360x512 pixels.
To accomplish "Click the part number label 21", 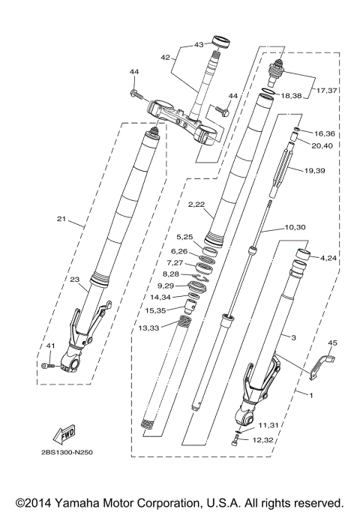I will [x=61, y=220].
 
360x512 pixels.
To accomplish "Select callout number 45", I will [x=332, y=343].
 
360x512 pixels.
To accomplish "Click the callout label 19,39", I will [x=315, y=170].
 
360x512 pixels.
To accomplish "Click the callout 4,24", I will [x=328, y=259].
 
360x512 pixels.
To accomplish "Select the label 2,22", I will [x=196, y=204].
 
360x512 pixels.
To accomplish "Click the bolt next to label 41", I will [x=46, y=365].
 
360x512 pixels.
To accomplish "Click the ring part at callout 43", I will [x=221, y=40].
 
